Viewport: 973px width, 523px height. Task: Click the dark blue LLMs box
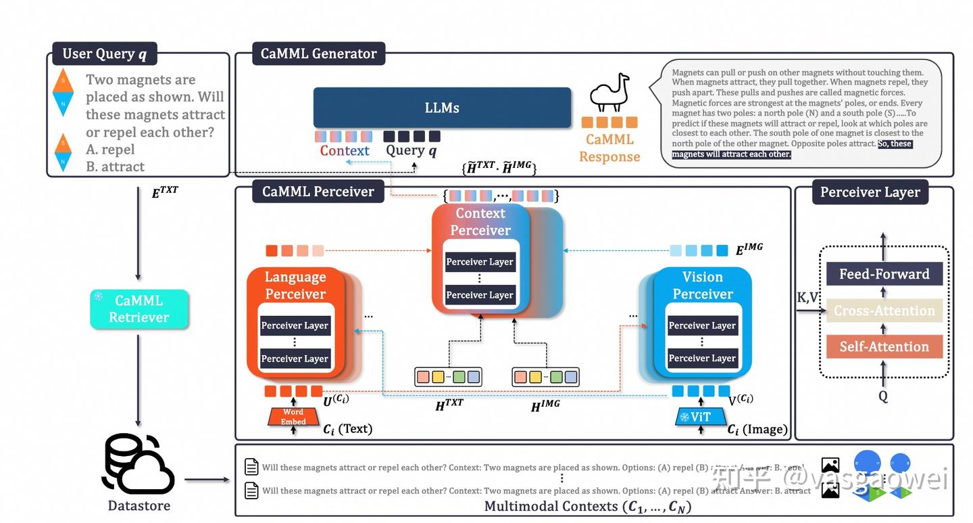(442, 108)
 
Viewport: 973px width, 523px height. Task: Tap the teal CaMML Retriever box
(139, 309)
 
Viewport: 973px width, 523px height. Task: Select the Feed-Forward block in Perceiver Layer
(884, 274)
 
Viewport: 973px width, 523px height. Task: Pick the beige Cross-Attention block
(884, 311)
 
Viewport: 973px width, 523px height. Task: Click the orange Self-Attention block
(884, 346)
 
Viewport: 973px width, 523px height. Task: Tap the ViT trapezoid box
(701, 417)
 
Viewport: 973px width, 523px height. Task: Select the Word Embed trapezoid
(293, 417)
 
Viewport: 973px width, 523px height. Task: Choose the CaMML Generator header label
(318, 53)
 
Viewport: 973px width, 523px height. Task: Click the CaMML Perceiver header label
(318, 191)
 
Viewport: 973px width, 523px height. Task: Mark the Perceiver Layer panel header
(870, 192)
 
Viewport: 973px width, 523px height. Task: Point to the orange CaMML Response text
(609, 148)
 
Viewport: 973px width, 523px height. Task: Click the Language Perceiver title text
(295, 286)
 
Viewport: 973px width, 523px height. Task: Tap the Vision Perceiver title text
(703, 286)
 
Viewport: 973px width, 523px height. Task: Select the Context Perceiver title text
(480, 222)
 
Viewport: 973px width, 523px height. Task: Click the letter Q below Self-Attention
(883, 396)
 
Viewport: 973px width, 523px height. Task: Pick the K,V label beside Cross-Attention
(808, 297)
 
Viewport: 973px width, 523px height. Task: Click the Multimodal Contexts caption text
(588, 506)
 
